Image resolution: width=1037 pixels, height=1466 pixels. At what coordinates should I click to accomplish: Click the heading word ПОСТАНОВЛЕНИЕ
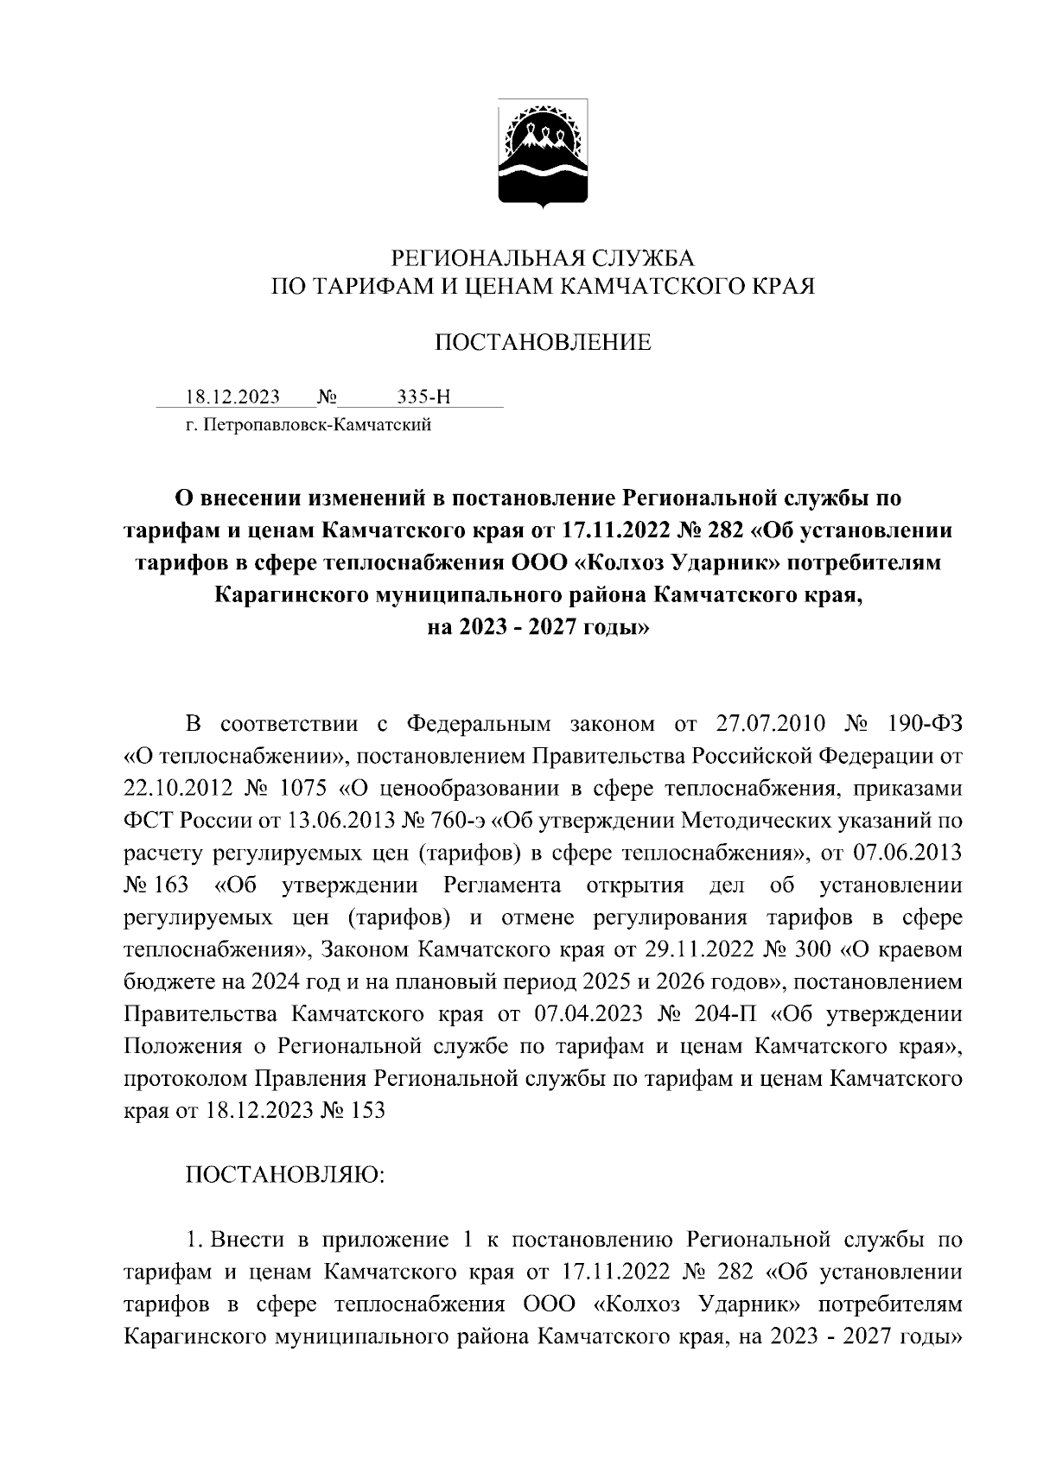click(x=543, y=343)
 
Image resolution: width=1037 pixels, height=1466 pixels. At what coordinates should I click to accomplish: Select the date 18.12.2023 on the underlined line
click(x=232, y=397)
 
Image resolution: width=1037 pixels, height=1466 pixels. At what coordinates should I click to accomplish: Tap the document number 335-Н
click(x=423, y=397)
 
